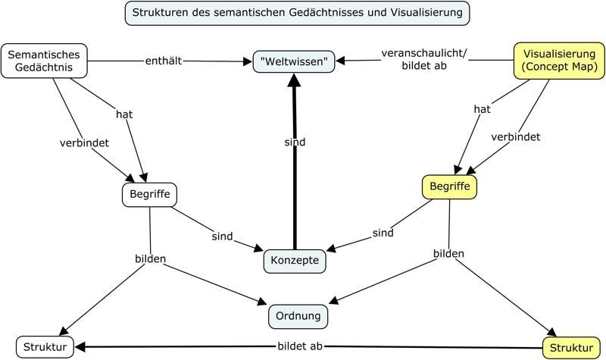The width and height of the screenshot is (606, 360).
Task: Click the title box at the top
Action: [x=296, y=13]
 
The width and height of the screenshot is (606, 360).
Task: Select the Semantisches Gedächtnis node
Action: [x=45, y=60]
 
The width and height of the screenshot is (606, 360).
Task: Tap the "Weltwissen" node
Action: [x=294, y=61]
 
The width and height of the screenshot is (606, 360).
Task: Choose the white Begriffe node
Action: [x=149, y=194]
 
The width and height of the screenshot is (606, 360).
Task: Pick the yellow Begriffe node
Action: [x=448, y=186]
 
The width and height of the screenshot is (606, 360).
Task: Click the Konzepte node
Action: [x=295, y=261]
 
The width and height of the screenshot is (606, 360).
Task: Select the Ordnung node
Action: [x=298, y=315]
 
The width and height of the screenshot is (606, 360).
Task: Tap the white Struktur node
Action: [x=45, y=347]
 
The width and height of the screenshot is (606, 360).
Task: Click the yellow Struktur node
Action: [x=567, y=347]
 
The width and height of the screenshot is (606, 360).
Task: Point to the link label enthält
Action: [x=164, y=60]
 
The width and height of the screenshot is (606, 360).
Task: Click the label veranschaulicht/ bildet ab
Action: [x=424, y=60]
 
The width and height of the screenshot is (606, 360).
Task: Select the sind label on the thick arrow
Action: [x=295, y=142]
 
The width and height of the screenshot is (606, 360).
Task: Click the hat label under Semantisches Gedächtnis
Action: [x=124, y=114]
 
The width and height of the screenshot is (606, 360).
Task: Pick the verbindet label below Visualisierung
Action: [x=515, y=136]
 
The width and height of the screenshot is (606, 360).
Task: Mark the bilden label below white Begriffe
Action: [x=150, y=258]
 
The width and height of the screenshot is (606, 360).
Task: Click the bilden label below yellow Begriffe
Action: [x=448, y=253]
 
